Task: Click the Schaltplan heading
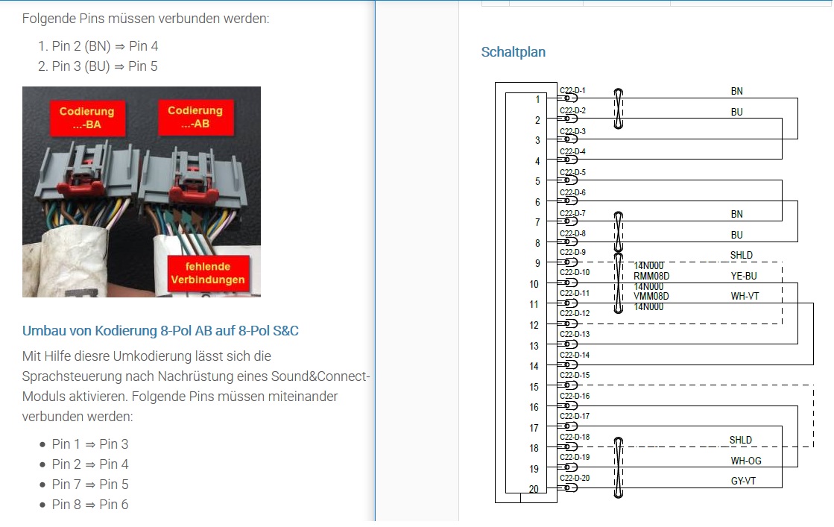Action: [513, 52]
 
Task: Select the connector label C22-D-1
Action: [572, 91]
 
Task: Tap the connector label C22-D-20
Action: [574, 478]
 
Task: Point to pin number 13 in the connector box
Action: [534, 346]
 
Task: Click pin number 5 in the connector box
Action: [537, 181]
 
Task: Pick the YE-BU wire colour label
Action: [743, 276]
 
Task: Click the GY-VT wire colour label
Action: [743, 482]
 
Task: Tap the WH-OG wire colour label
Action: [745, 461]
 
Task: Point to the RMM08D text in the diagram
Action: [651, 276]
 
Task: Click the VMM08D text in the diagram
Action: [651, 296]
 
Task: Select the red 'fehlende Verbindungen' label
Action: [206, 273]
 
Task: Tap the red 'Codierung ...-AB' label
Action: [195, 117]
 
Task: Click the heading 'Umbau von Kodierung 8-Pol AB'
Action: [160, 331]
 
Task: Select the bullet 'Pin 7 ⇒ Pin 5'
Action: [89, 485]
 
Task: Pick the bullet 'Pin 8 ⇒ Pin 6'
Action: [89, 505]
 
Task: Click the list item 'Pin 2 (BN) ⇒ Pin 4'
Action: [104, 46]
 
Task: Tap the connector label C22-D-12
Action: [574, 313]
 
